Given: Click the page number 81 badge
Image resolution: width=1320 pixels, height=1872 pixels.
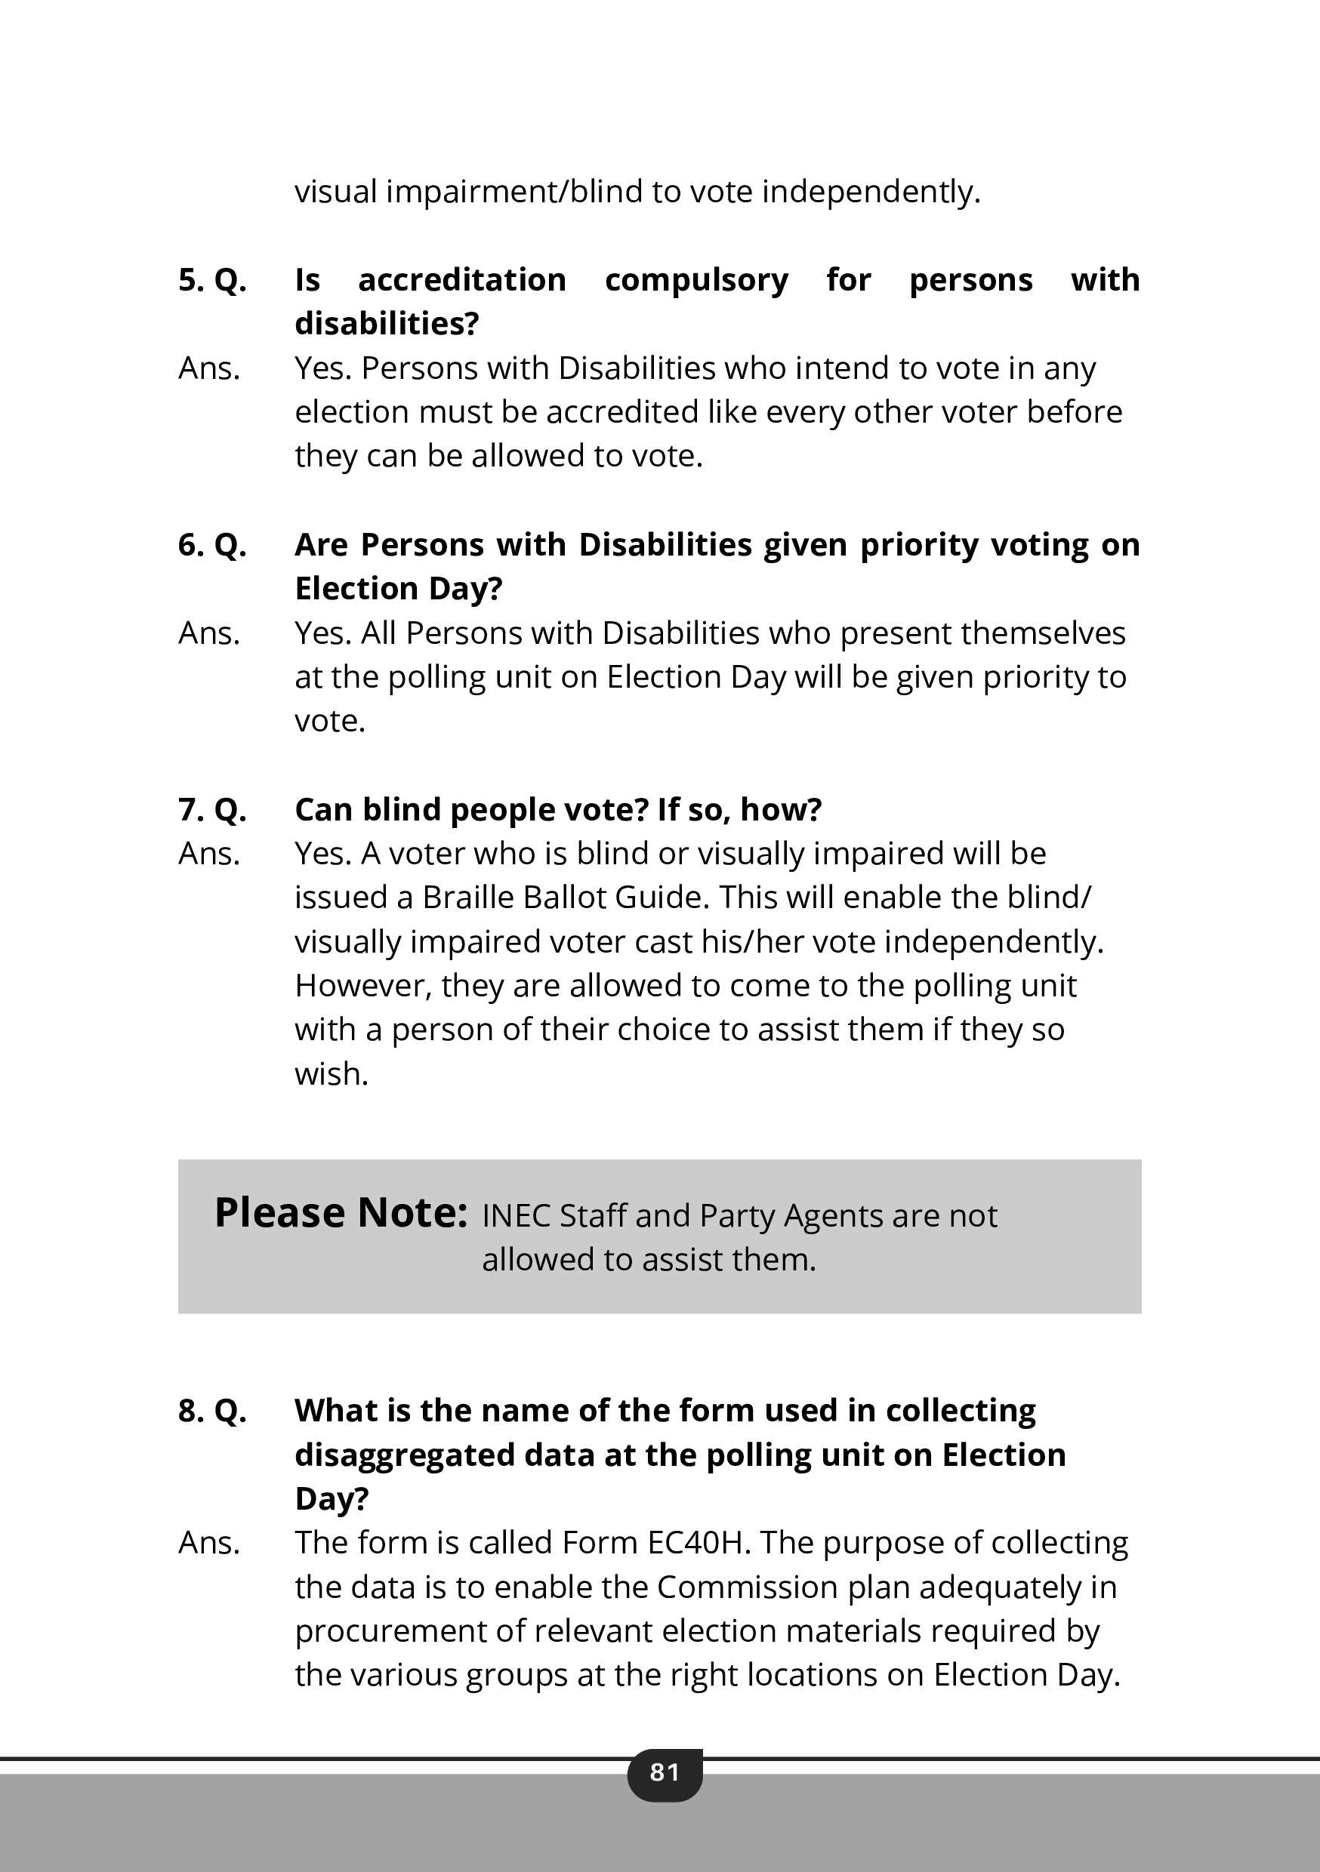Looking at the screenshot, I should [664, 1772].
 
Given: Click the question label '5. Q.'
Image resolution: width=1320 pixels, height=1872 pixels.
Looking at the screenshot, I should [212, 279].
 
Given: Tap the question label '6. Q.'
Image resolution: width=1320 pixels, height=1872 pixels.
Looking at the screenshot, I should [212, 545].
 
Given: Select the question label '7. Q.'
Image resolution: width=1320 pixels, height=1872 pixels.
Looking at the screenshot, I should [212, 810].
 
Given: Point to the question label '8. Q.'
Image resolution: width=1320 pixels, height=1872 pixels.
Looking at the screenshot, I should [212, 1411].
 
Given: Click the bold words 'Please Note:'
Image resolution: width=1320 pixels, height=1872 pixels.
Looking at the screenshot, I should [341, 1213].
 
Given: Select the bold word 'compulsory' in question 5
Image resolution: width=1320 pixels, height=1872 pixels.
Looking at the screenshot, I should [696, 279].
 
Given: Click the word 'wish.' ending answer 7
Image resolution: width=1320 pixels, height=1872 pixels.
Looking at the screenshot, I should [332, 1074].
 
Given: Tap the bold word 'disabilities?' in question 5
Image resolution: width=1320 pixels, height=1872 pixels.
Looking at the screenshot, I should [387, 324].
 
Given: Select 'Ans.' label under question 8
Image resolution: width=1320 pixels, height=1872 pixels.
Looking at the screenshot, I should [209, 1543].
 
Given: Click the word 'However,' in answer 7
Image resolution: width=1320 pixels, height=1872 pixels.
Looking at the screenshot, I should [363, 986].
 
